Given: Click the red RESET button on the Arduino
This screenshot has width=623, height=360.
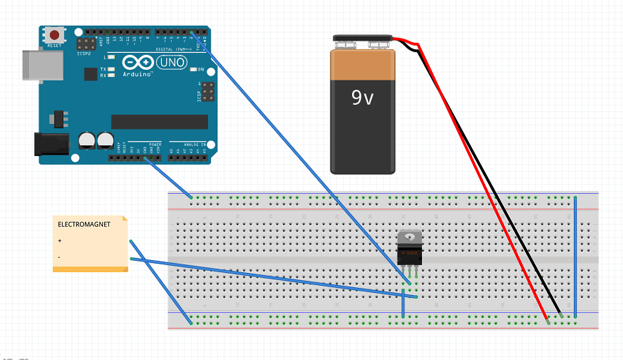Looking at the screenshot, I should pos(55,35).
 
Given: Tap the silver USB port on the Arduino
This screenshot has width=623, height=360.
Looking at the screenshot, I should pos(42,64).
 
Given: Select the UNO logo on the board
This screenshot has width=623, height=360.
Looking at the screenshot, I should pos(172,62).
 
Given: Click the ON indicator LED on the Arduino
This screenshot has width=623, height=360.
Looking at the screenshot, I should pos(194,70).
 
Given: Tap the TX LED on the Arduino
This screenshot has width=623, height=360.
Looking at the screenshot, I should pos(111,70).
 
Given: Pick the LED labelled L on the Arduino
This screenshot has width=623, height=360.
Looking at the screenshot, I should pos(111,57).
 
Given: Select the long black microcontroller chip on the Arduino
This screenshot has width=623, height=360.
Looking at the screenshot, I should pos(160,122).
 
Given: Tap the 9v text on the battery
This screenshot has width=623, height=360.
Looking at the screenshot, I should pos(362,98).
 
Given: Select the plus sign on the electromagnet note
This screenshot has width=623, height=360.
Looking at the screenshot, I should pos(60,241).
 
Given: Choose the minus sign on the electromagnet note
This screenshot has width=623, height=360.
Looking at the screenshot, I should pos(59,257).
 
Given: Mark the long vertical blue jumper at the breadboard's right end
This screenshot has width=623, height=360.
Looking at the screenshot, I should pos(575,256).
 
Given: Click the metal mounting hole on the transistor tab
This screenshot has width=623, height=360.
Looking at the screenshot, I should pos(410,237).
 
